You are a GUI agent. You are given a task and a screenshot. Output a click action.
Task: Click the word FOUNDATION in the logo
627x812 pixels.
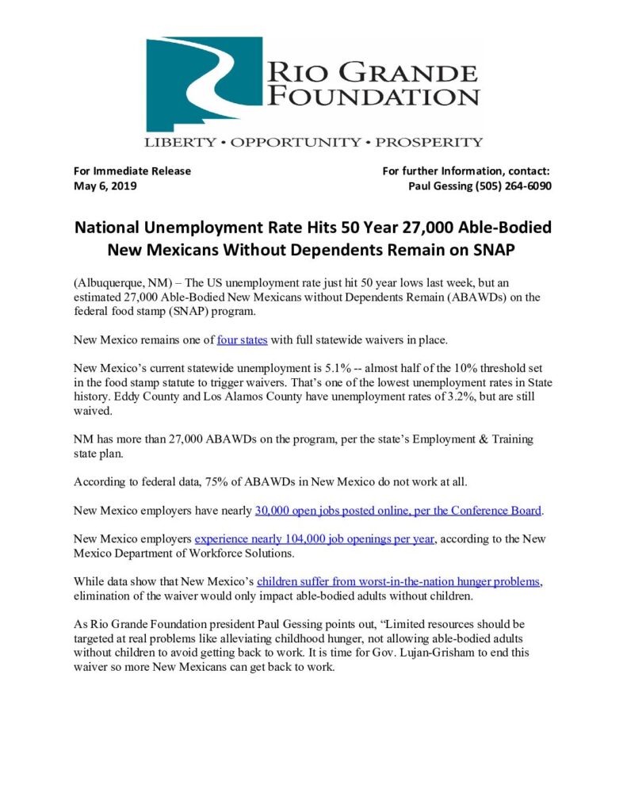tap(373, 98)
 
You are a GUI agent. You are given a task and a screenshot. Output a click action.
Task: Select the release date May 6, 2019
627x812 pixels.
tap(105, 186)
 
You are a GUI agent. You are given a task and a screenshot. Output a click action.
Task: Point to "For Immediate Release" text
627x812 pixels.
tap(132, 170)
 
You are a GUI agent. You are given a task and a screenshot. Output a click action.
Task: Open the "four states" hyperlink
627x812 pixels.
tap(242, 340)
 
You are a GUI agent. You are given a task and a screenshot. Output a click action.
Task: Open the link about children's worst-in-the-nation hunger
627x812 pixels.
tap(399, 581)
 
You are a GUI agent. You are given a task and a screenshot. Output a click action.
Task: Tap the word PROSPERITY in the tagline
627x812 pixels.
tap(429, 143)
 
